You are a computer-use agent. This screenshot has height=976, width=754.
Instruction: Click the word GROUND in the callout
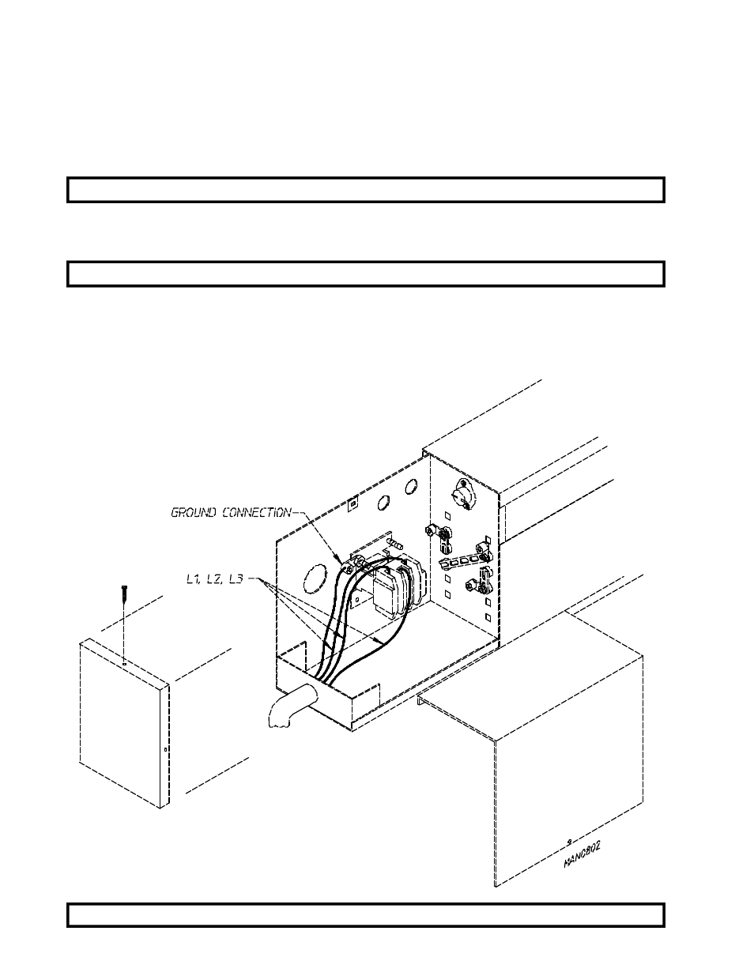tap(193, 513)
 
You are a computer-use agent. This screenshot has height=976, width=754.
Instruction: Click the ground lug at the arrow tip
tap(345, 566)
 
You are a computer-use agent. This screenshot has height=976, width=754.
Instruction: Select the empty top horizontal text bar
tap(365, 190)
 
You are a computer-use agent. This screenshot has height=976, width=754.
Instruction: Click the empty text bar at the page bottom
tap(365, 914)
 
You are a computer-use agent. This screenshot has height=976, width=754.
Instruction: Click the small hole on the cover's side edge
tap(164, 750)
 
